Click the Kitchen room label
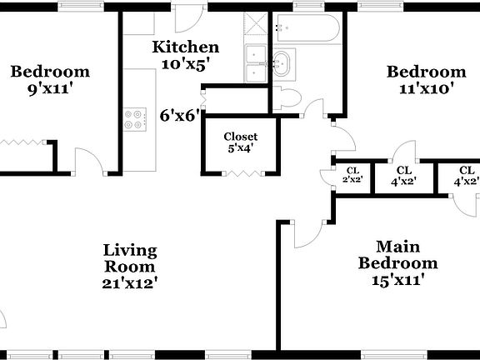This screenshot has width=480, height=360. (x=185, y=47)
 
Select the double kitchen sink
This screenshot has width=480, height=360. (x=255, y=65)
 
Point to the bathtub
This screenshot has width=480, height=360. (x=307, y=31)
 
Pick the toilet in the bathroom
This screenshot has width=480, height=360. (x=286, y=97)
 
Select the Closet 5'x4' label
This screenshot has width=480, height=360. (x=240, y=142)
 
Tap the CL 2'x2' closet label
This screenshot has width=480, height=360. (x=352, y=175)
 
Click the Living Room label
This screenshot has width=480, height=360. (x=129, y=257)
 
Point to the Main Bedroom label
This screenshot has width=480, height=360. (x=397, y=255)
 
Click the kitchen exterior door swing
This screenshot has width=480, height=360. (x=189, y=17)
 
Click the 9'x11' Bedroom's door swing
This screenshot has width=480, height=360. (x=87, y=161)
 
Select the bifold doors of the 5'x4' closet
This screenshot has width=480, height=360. (x=241, y=172)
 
